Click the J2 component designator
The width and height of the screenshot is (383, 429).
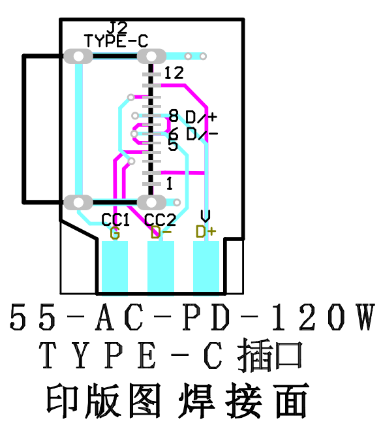pyautogui.click(x=117, y=27)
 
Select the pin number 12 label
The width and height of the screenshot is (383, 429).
pyautogui.click(x=174, y=72)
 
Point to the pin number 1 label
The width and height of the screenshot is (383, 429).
pyautogui.click(x=170, y=183)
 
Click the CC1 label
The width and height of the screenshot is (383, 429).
pyautogui.click(x=115, y=220)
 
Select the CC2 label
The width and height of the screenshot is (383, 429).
pyautogui.click(x=160, y=220)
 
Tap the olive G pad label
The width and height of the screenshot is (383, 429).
pyautogui.click(x=115, y=233)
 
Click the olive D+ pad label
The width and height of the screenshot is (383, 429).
pyautogui.click(x=206, y=232)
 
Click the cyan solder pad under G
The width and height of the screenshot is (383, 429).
pyautogui.click(x=115, y=266)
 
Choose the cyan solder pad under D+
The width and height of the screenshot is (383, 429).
pyautogui.click(x=206, y=266)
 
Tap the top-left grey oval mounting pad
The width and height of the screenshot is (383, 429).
pyautogui.click(x=79, y=57)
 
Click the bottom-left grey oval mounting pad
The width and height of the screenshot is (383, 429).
pyautogui.click(x=80, y=202)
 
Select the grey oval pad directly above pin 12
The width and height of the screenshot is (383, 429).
pyautogui.click(x=151, y=57)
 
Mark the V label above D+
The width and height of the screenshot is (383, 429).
pyautogui.click(x=206, y=216)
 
